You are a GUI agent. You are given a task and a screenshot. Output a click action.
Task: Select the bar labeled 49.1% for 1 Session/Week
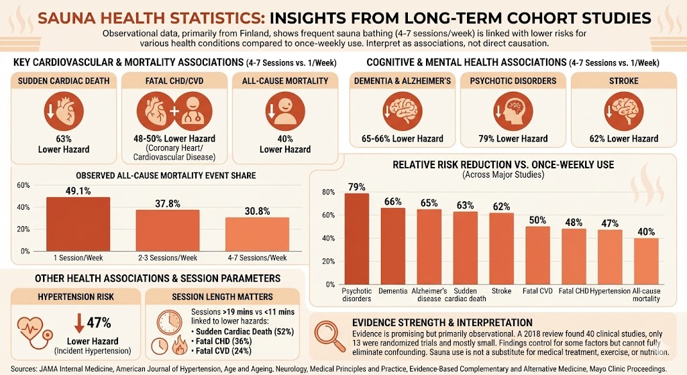click(x=77, y=223)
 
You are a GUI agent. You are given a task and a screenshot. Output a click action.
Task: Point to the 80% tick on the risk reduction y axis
click(x=329, y=192)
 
